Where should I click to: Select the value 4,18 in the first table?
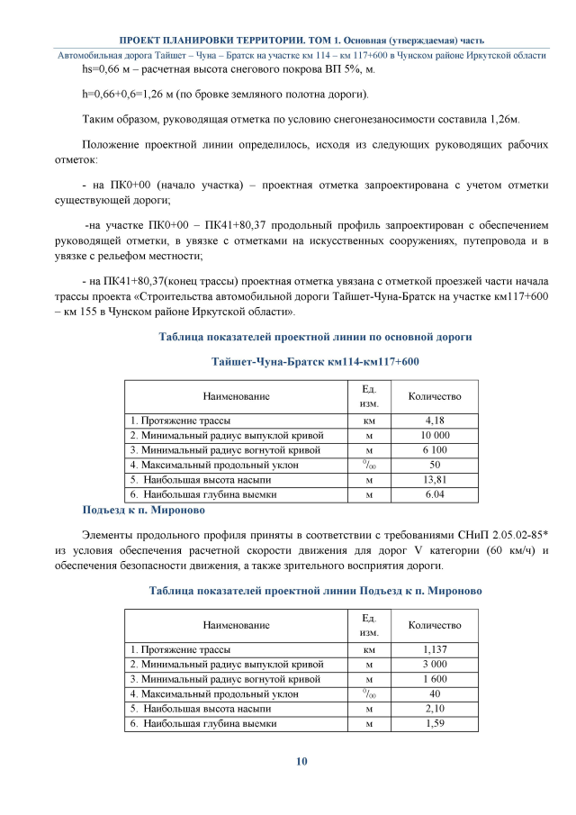[435, 421]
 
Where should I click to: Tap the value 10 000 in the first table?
[435, 435]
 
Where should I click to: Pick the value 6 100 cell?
[435, 449]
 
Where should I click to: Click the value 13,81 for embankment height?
[435, 479]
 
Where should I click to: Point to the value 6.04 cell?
[435, 494]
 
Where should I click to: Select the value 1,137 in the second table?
[435, 649]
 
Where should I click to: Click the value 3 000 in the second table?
[435, 664]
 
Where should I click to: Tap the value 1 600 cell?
[435, 678]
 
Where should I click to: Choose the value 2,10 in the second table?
[435, 708]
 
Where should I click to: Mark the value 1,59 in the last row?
[435, 722]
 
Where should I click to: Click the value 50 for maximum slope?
[435, 465]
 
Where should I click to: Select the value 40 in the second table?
[435, 693]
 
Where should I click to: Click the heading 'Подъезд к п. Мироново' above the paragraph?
[143, 511]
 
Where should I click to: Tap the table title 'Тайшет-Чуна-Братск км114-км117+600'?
[315, 361]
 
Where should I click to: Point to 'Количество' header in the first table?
[435, 396]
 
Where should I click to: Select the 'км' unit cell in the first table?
[369, 421]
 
